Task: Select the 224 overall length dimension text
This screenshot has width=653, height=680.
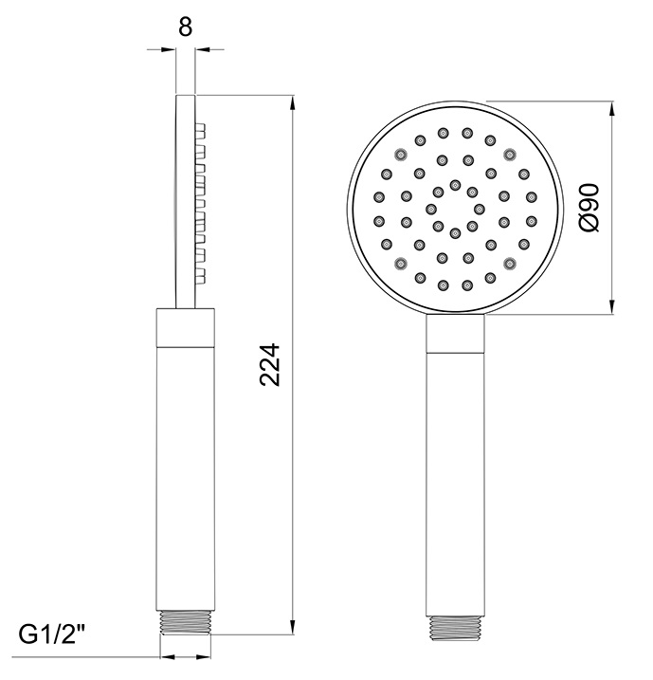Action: (270, 363)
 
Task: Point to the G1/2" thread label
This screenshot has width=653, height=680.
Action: (54, 634)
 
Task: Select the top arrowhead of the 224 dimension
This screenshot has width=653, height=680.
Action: (291, 100)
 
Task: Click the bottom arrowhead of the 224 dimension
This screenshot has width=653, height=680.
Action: (291, 628)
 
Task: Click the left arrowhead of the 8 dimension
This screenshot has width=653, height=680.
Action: (172, 49)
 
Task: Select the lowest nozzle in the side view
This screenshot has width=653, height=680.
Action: (201, 276)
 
